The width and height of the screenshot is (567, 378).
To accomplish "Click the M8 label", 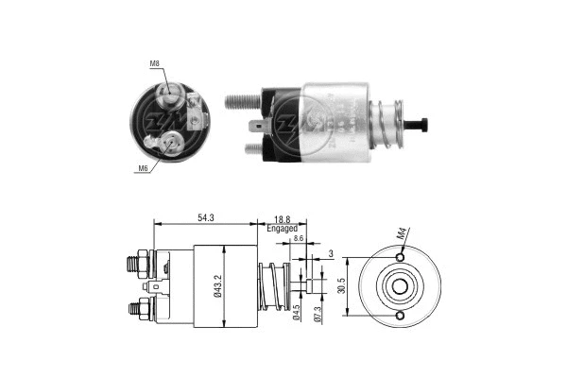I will click(153, 64).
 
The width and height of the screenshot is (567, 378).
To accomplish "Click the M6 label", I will click(144, 168).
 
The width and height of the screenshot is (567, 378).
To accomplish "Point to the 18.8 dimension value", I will click(282, 218).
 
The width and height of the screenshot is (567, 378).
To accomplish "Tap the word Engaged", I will click(282, 229).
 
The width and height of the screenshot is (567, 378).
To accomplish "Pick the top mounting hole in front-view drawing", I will click(401, 257).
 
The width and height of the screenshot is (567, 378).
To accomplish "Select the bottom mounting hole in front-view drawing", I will click(401, 316).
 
